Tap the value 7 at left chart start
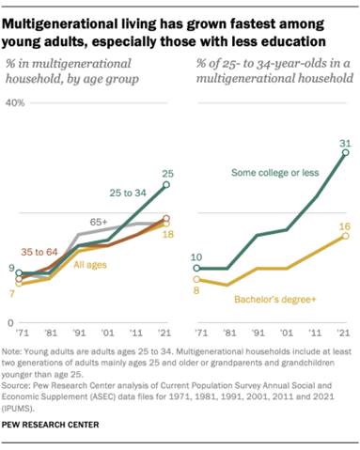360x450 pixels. (12, 293)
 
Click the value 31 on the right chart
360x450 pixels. (344, 144)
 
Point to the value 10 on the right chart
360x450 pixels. (196, 256)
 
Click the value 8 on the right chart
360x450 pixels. (196, 290)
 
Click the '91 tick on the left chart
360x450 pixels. (81, 334)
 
